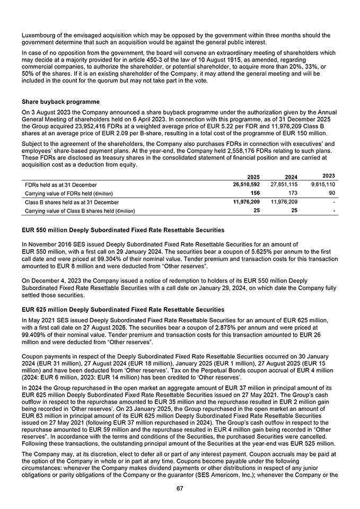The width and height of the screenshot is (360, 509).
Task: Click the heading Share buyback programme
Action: pyautogui.click(x=60, y=102)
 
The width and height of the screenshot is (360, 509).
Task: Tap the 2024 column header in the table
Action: pyautogui.click(x=289, y=177)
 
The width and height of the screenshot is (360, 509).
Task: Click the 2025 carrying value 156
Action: pyautogui.click(x=255, y=193)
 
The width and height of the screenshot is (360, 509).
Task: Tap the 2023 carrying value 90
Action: pyautogui.click(x=331, y=193)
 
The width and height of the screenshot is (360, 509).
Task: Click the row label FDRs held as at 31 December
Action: pyautogui.click(x=61, y=185)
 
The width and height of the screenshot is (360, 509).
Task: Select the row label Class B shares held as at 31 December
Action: pyautogui.click(x=72, y=203)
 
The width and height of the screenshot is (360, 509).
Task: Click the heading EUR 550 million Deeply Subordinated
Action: pyautogui.click(x=122, y=230)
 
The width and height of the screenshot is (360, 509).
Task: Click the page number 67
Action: pyautogui.click(x=180, y=488)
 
